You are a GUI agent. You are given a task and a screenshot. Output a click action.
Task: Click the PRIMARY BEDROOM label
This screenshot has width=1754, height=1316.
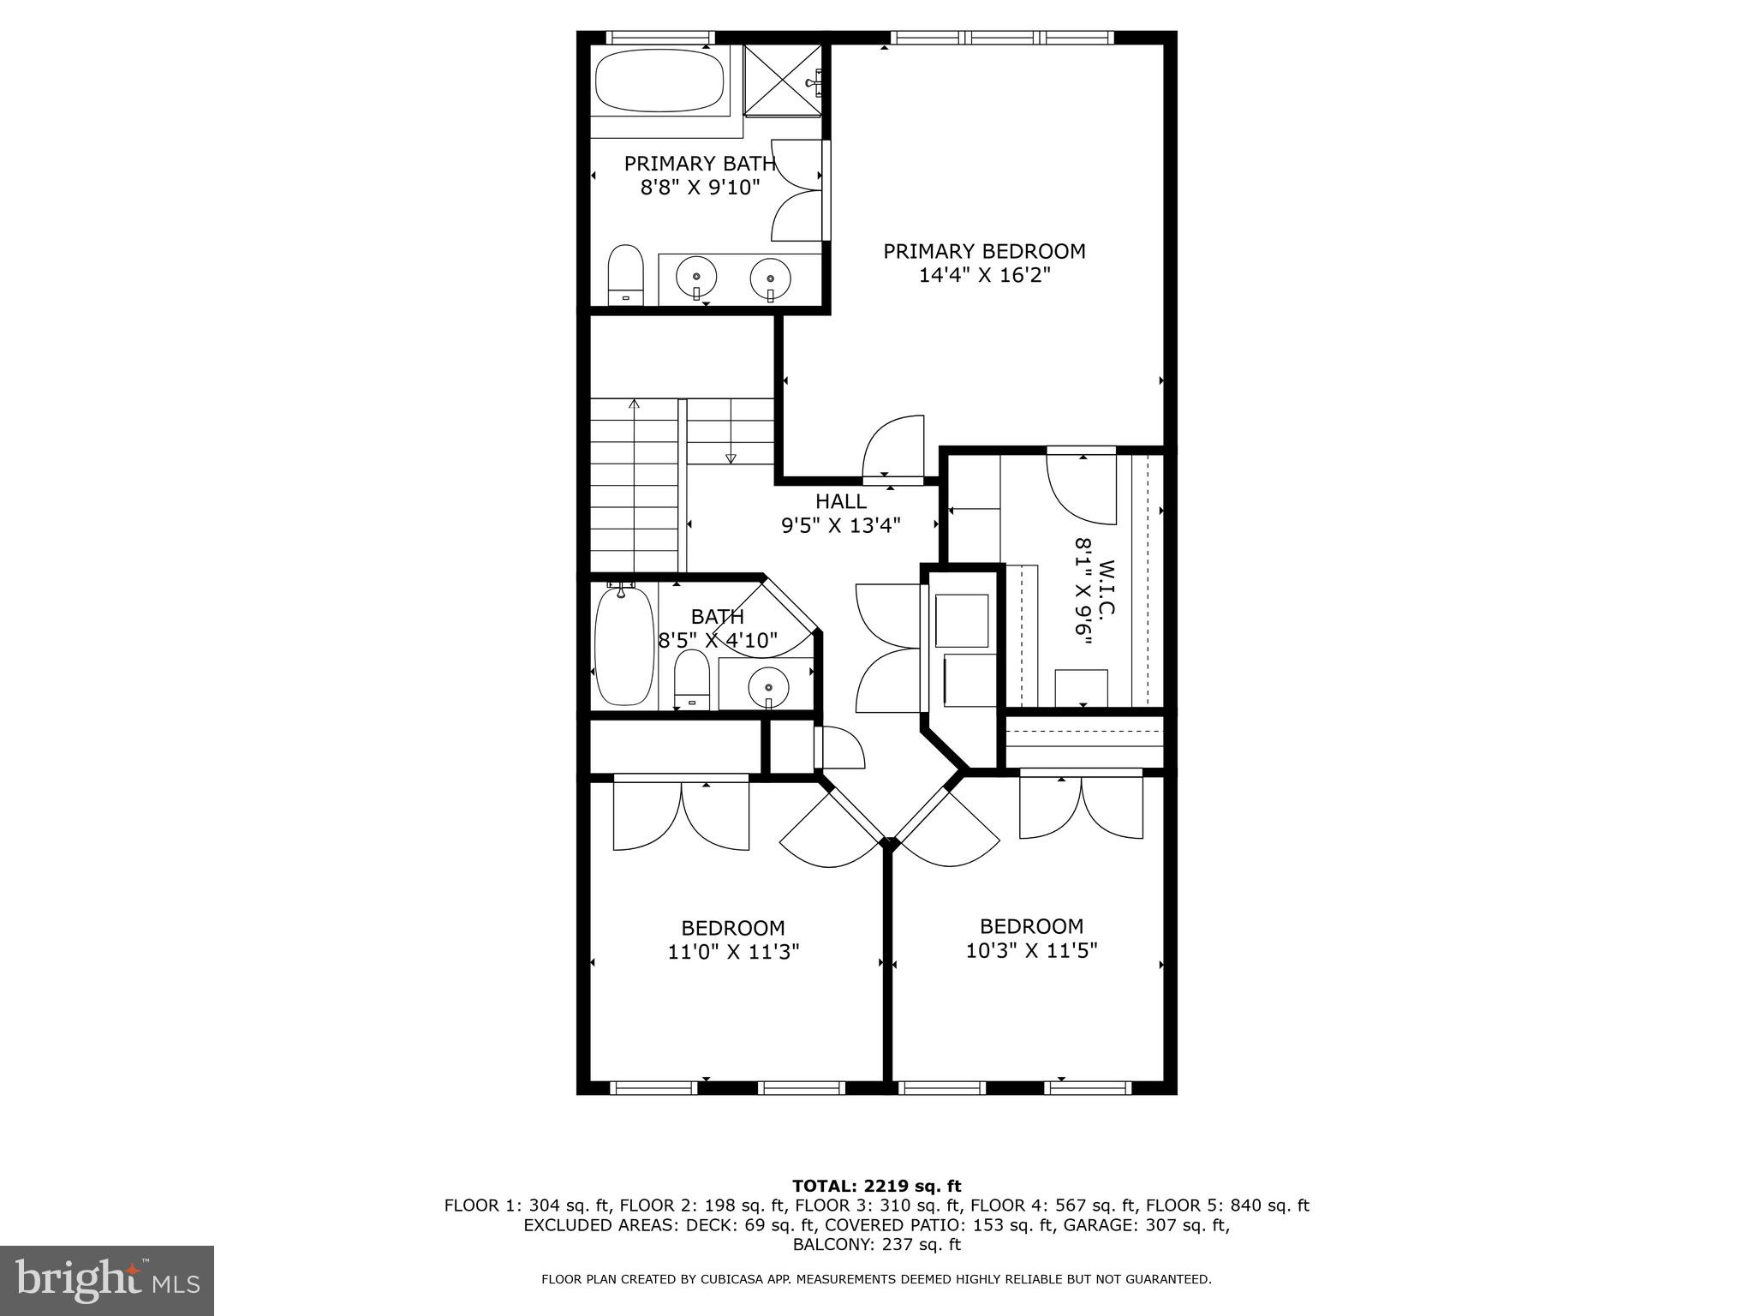click(984, 251)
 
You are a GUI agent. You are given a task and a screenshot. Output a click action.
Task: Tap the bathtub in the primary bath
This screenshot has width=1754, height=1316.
click(659, 81)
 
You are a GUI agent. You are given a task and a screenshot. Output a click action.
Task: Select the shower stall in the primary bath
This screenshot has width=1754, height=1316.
click(784, 80)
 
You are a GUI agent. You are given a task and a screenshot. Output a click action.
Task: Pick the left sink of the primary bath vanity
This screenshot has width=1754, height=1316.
click(696, 277)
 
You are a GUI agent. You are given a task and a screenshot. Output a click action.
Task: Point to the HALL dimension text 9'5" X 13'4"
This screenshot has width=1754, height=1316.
click(840, 525)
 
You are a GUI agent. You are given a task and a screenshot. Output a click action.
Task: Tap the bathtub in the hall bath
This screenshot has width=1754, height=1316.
click(623, 645)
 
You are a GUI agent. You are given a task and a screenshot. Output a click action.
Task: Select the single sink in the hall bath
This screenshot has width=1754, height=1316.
click(768, 686)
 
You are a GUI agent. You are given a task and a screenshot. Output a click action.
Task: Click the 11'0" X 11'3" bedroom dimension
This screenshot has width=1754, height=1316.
click(733, 952)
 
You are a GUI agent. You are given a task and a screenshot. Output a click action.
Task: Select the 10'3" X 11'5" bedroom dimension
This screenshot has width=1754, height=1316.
click(1031, 950)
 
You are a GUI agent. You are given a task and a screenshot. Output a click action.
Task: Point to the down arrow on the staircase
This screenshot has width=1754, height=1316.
click(731, 458)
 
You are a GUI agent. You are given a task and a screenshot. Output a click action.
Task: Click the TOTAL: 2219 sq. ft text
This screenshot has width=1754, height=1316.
click(876, 1186)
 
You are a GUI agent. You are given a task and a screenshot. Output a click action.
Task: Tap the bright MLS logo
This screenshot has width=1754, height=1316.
click(106, 1281)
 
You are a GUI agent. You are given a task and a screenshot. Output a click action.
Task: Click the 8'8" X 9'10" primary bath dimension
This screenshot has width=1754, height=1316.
click(700, 187)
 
